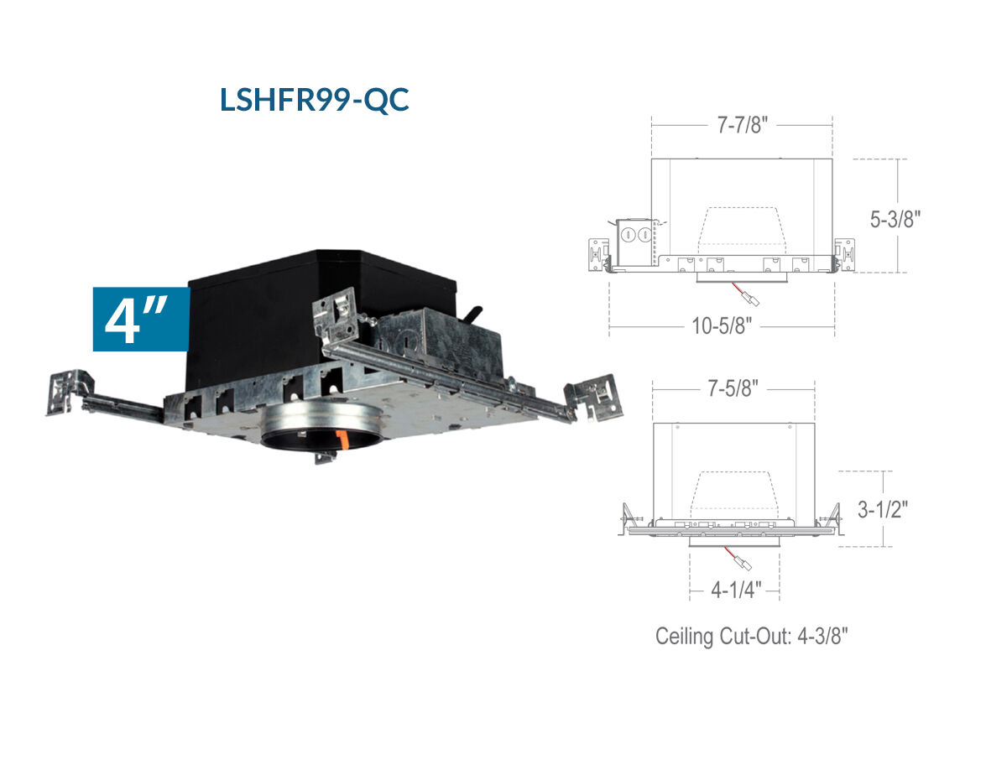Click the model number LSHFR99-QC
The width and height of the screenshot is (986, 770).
point(315,100)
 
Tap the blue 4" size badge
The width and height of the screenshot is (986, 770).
point(141,319)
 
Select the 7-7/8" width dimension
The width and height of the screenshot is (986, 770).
point(743,125)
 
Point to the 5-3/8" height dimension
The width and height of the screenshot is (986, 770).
point(895,219)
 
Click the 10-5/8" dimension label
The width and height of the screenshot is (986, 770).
point(722,325)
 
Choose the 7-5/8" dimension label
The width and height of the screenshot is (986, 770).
point(733,388)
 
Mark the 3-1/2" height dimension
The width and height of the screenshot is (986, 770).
point(883,508)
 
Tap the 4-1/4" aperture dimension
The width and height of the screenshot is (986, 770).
point(736,590)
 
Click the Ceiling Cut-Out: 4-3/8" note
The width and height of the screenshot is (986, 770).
point(751,636)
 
